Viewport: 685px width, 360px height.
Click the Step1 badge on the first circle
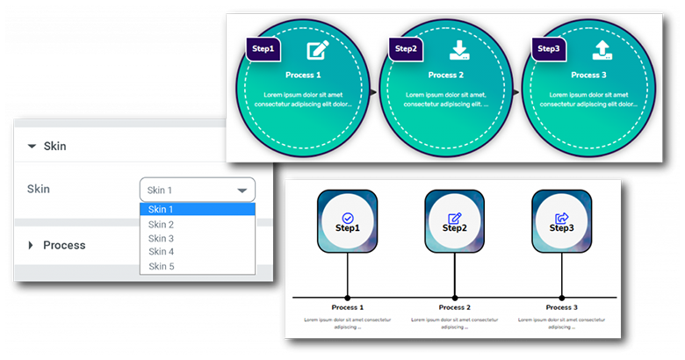[263, 49]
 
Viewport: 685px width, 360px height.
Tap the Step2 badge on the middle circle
[406, 49]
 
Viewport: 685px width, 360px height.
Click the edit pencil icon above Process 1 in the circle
[316, 51]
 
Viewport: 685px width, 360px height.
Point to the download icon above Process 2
[459, 50]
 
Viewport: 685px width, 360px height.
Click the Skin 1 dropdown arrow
[242, 190]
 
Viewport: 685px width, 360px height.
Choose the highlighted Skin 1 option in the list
[197, 209]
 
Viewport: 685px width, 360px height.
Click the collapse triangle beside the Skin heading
[32, 147]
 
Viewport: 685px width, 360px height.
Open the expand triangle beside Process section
[31, 245]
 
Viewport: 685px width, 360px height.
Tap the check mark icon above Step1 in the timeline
[347, 218]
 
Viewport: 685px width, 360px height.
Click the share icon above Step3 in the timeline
[562, 218]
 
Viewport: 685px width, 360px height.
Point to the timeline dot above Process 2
[454, 298]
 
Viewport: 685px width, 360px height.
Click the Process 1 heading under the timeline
[347, 308]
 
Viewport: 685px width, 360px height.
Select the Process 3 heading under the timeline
[562, 308]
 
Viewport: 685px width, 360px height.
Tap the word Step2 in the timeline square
[454, 228]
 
